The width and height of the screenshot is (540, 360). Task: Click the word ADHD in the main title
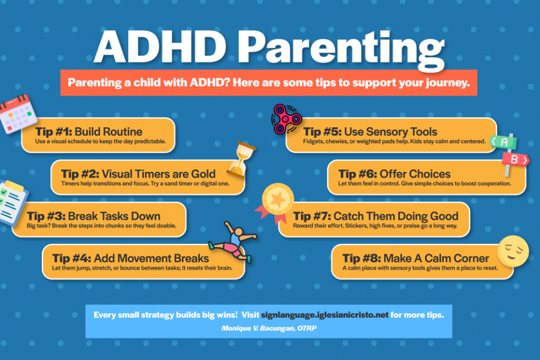click(160, 47)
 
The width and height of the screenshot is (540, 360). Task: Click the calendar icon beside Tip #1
click(18, 113)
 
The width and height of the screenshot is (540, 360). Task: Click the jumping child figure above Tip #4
click(233, 242)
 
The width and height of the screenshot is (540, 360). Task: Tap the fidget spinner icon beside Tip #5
click(286, 119)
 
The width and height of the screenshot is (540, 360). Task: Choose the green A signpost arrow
click(503, 142)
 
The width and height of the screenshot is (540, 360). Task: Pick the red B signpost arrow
click(516, 160)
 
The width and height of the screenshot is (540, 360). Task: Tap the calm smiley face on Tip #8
click(513, 251)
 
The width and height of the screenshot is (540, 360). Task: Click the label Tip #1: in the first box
click(53, 132)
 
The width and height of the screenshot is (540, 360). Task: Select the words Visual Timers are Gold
click(159, 174)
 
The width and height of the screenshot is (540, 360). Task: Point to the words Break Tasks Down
click(114, 216)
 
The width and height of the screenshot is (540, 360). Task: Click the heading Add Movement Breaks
click(151, 258)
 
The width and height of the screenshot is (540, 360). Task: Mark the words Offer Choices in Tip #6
click(415, 174)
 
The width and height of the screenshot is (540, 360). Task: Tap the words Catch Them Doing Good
click(395, 216)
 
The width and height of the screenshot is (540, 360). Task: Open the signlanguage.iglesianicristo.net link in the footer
click(325, 315)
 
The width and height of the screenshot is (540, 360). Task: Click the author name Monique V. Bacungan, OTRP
click(269, 328)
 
